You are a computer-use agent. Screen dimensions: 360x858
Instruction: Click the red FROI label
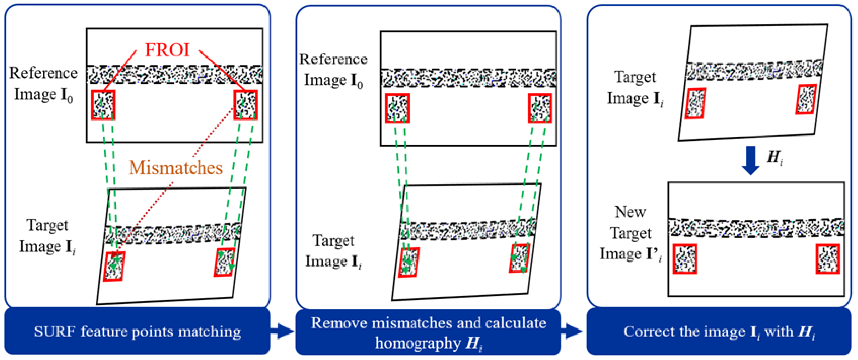167,50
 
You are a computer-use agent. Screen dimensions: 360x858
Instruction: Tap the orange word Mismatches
175,168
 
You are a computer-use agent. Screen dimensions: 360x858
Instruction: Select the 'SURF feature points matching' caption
137,332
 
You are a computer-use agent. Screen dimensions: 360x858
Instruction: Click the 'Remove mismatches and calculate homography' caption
428,332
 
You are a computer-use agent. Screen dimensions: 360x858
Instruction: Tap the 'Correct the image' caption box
719,332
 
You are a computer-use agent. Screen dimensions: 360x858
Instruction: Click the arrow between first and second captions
282,331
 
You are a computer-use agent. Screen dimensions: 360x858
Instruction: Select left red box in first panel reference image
103,105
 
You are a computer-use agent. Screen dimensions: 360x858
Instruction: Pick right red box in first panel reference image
245,105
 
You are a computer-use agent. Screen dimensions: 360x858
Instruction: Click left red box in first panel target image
113,266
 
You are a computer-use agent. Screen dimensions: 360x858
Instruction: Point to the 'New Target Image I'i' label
630,233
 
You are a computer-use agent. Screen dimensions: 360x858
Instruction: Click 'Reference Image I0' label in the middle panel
333,70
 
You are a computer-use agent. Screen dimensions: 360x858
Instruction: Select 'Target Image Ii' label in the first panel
47,236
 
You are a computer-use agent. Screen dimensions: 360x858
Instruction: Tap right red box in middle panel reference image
540,108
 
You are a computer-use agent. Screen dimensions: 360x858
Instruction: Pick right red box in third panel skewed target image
806,99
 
